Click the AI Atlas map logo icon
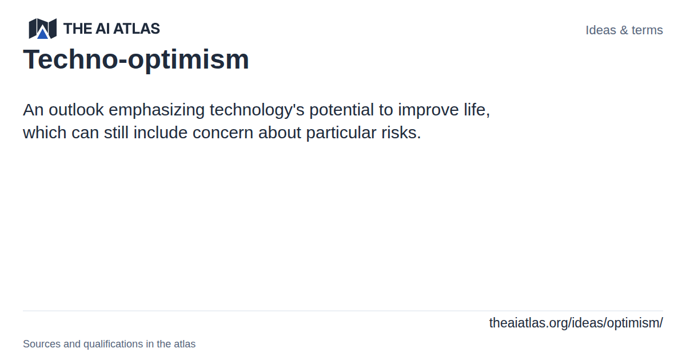click(42, 29)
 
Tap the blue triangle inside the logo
click(42, 33)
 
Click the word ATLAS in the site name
click(137, 29)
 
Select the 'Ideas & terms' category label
click(624, 30)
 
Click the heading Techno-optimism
click(136, 59)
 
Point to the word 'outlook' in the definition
click(76, 110)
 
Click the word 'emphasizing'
click(157, 110)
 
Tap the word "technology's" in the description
click(257, 110)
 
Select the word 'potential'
click(341, 110)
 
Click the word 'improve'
click(428, 110)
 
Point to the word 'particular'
click(341, 133)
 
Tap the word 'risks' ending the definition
click(401, 133)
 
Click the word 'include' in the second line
click(160, 133)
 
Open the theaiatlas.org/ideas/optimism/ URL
click(576, 323)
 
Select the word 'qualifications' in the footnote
click(113, 344)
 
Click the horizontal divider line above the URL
click(343, 311)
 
